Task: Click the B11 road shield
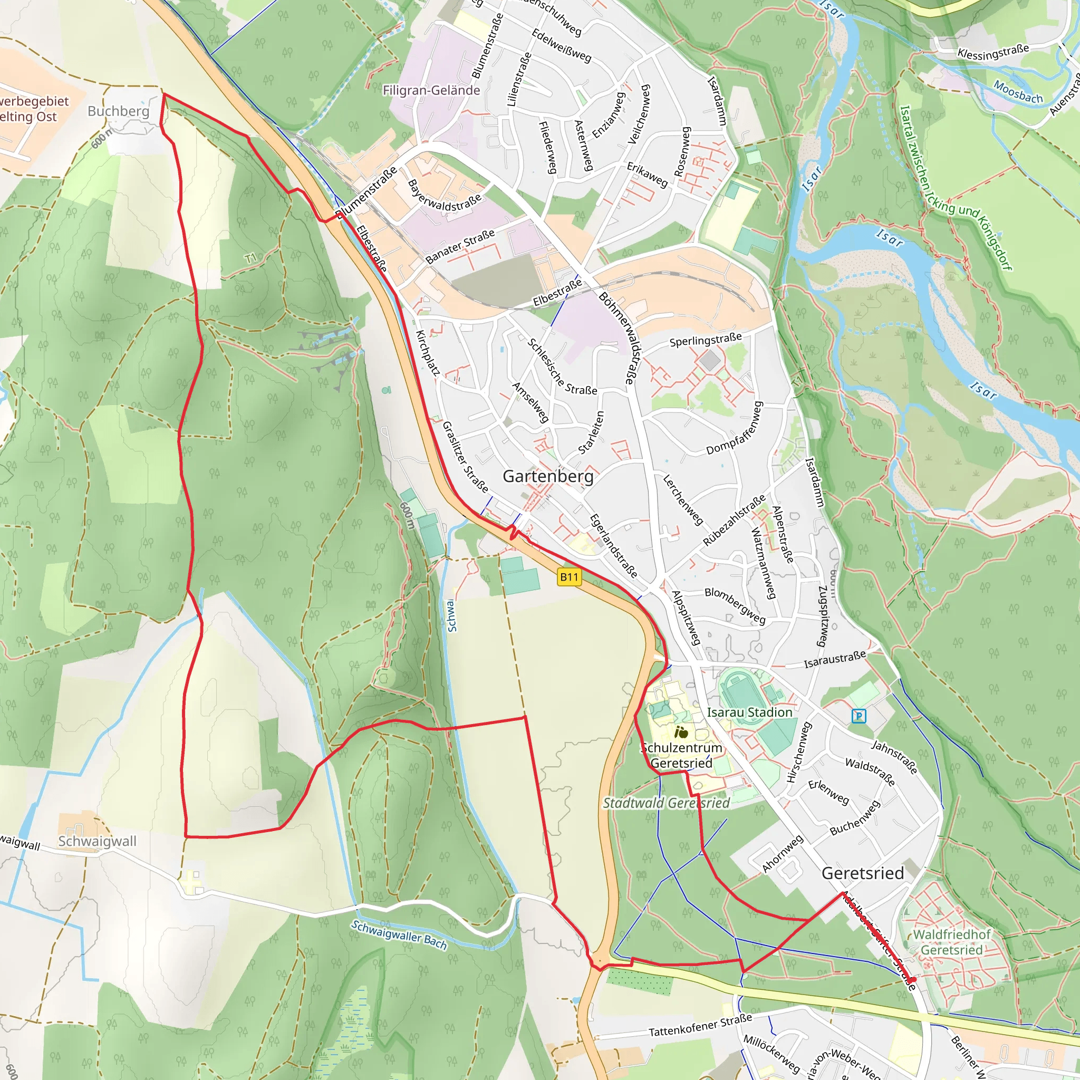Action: (569, 577)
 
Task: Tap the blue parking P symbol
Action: (859, 716)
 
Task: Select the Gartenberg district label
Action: (548, 476)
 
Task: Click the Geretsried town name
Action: (863, 873)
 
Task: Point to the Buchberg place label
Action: (119, 111)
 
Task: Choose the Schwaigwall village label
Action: (97, 841)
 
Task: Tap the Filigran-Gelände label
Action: (431, 91)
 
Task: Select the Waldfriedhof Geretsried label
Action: (951, 942)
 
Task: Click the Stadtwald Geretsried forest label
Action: (666, 803)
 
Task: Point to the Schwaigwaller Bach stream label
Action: (399, 934)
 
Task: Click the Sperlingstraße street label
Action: (706, 339)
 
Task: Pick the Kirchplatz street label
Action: (428, 352)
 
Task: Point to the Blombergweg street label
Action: (735, 605)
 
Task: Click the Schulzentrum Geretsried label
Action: (681, 755)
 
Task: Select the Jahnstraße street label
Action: (894, 757)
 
